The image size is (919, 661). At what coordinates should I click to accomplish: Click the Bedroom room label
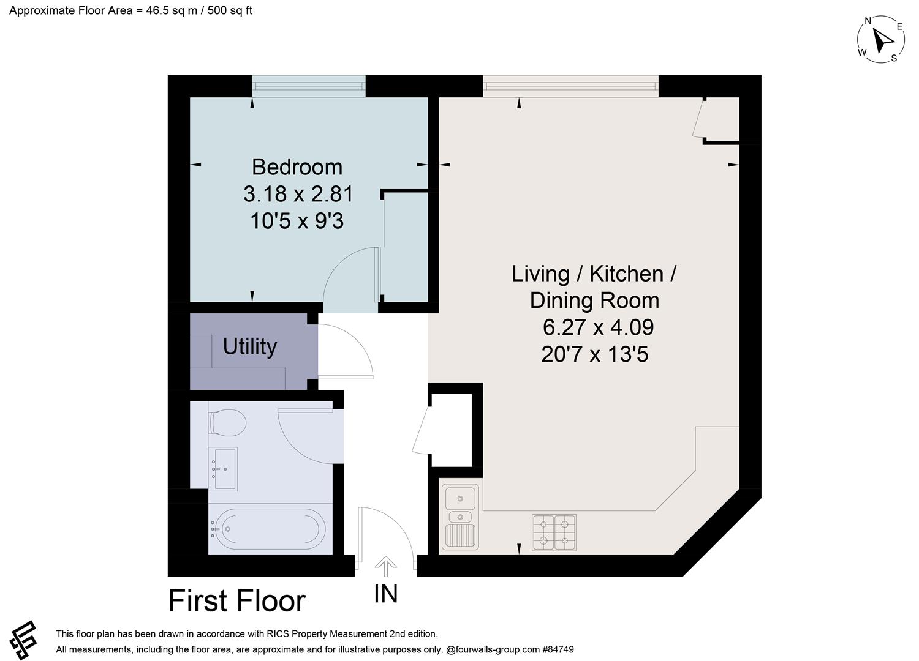point(297,167)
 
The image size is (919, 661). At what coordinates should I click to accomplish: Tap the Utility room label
point(250,346)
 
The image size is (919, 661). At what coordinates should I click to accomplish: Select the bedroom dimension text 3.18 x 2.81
point(298,194)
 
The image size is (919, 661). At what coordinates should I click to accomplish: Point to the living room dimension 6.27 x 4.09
point(598,327)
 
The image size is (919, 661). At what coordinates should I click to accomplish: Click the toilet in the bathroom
point(227,422)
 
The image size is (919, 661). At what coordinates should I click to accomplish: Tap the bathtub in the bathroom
point(269,529)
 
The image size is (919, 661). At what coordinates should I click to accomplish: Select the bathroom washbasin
point(223,469)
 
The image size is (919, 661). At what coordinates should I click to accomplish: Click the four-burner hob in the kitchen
point(554,532)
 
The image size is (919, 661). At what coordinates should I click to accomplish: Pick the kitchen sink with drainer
point(460,517)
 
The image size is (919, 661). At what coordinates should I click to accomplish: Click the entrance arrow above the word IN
point(385,566)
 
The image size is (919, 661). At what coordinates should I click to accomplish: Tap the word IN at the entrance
point(385,594)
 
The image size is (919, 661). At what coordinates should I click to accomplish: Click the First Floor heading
point(237,601)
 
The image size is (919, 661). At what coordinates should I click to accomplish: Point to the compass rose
point(880,40)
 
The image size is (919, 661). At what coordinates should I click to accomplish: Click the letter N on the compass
point(868,21)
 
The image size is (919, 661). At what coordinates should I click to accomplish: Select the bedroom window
point(309,86)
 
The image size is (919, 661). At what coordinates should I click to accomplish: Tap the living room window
point(570,86)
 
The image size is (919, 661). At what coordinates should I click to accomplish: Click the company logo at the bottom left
point(23,640)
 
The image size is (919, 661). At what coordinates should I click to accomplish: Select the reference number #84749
point(558,649)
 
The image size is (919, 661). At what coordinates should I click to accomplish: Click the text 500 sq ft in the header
point(230,10)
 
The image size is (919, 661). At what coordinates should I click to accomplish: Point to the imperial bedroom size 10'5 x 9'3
point(297,222)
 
